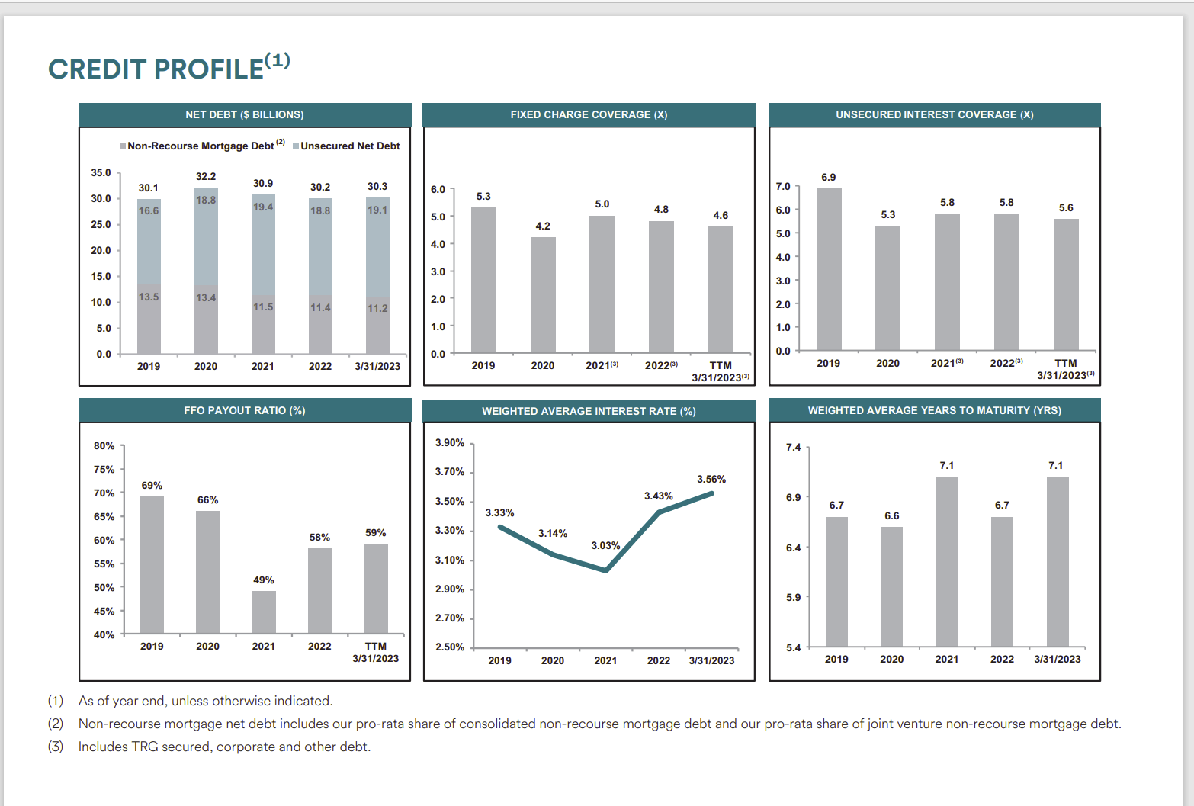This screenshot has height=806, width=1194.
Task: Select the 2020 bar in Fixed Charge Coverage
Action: pyautogui.click(x=543, y=294)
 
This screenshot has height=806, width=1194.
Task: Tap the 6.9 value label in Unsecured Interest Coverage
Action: pyautogui.click(x=828, y=177)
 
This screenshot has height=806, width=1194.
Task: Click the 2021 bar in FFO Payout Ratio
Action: pyautogui.click(x=264, y=612)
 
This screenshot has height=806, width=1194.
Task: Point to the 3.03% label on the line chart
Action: pyautogui.click(x=605, y=545)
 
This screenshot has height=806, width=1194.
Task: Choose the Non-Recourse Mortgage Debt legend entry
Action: pyautogui.click(x=201, y=146)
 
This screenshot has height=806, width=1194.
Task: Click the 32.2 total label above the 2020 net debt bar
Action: pyautogui.click(x=206, y=176)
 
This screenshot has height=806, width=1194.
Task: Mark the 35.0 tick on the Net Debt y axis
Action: pyautogui.click(x=101, y=172)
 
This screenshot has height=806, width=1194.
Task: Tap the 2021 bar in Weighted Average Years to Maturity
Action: pyautogui.click(x=947, y=561)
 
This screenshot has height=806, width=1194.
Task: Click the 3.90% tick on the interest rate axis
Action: pyautogui.click(x=450, y=442)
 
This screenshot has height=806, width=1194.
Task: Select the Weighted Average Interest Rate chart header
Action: pyautogui.click(x=589, y=411)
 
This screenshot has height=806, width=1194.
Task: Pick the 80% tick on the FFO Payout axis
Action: pyautogui.click(x=104, y=445)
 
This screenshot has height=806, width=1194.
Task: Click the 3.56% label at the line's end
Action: pyautogui.click(x=711, y=479)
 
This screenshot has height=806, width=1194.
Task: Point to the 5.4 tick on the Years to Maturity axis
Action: pyautogui.click(x=793, y=647)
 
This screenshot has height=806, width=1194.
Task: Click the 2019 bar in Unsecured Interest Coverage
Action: pyautogui.click(x=829, y=269)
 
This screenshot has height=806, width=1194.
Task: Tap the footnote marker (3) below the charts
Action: pyautogui.click(x=56, y=747)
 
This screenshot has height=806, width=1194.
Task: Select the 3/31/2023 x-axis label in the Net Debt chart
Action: pyautogui.click(x=377, y=366)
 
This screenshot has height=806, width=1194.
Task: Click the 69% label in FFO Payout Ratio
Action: pyautogui.click(x=152, y=485)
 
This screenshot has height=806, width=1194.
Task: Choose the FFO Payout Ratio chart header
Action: pyautogui.click(x=244, y=410)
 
